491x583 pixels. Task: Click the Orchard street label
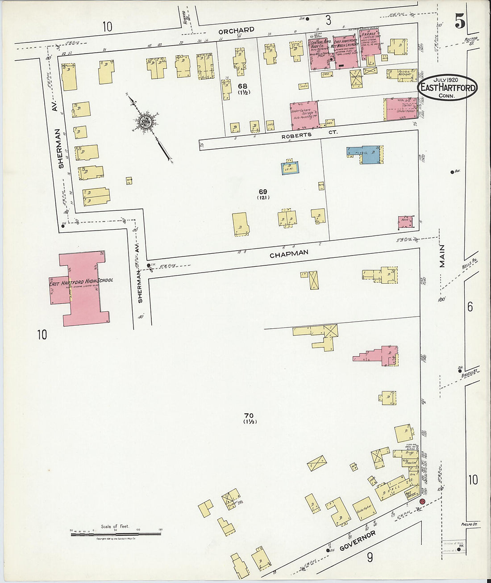click(x=236, y=30)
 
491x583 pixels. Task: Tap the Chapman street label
click(x=289, y=253)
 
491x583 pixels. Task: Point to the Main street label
click(x=442, y=256)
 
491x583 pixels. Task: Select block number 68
click(x=242, y=86)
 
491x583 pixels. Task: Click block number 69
click(x=263, y=192)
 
